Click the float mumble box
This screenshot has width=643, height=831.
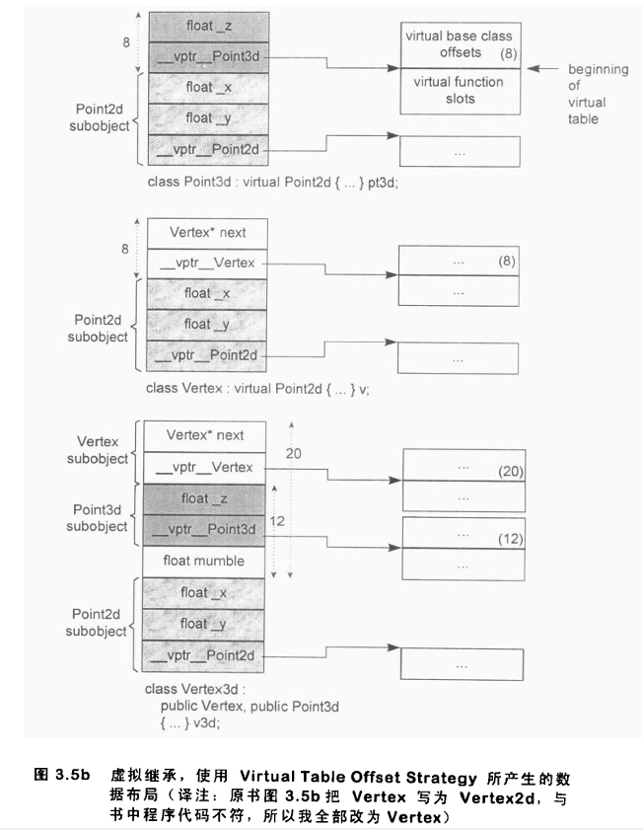coord(205,562)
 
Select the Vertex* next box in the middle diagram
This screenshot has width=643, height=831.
coord(206,233)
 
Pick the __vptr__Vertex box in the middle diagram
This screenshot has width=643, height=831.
coord(206,263)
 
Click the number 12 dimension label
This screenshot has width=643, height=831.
coord(277,517)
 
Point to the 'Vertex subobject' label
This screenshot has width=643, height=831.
coord(103,450)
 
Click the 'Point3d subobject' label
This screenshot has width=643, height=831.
coord(103,517)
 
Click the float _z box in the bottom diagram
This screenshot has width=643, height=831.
coord(205,499)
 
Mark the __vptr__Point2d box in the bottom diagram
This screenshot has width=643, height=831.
coord(205,655)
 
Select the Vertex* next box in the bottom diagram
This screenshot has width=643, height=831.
coord(205,434)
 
